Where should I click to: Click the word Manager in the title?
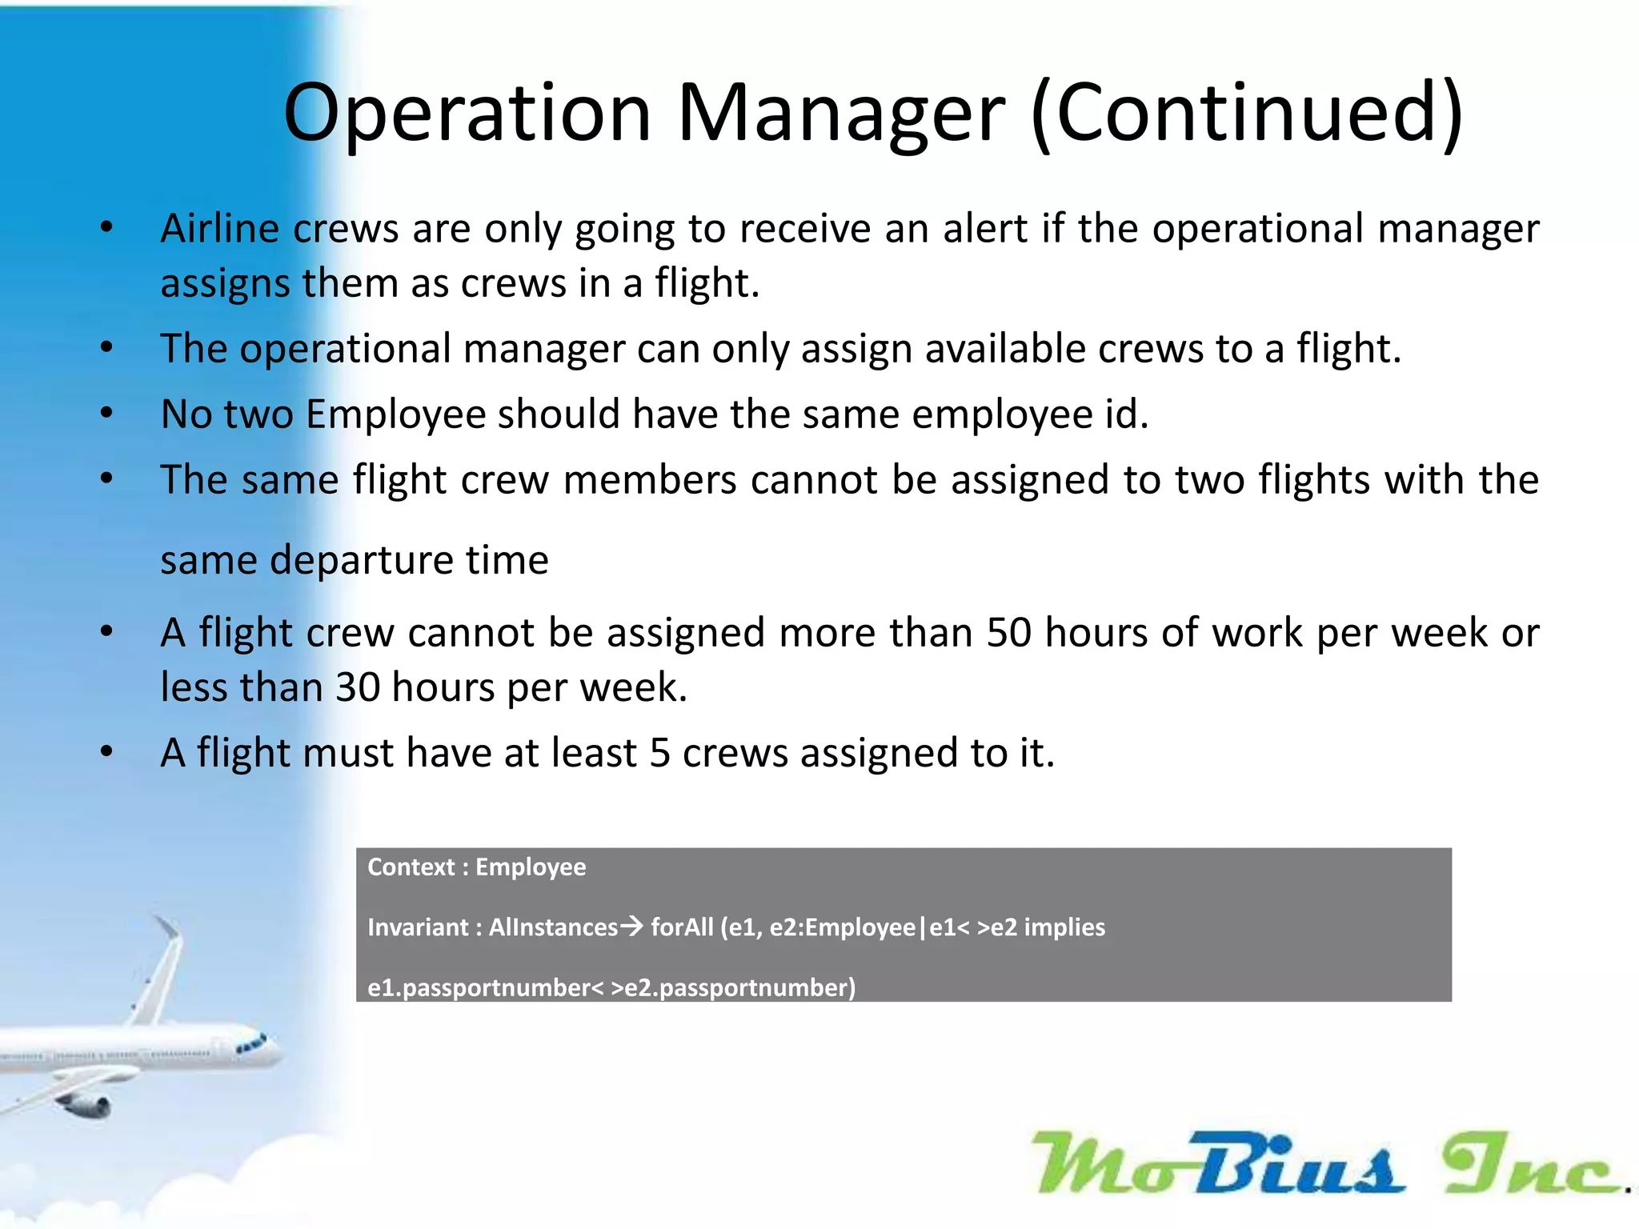[x=840, y=114]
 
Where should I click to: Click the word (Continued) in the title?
[x=1247, y=114]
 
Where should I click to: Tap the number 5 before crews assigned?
[x=659, y=754]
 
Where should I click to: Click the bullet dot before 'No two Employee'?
[x=106, y=413]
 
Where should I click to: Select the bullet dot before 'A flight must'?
[x=106, y=751]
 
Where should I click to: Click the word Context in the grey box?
[x=411, y=867]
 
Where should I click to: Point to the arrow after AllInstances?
[x=631, y=927]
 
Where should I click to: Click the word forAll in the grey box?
[x=682, y=927]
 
